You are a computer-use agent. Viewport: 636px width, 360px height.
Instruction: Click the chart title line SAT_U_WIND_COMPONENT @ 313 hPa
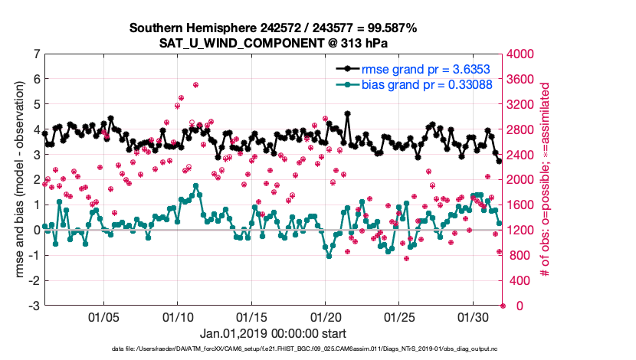[274, 42]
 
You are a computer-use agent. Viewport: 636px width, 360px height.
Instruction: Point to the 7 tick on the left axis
[35, 54]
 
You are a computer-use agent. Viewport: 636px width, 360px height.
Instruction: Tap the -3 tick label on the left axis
[33, 306]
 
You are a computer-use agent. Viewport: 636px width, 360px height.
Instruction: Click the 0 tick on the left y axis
[35, 230]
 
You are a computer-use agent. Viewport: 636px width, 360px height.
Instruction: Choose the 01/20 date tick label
[325, 316]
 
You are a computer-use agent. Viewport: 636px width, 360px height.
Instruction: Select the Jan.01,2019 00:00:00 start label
[273, 333]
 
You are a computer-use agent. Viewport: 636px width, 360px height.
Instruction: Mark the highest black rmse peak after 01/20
[348, 113]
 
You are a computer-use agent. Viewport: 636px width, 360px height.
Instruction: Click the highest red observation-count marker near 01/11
[196, 85]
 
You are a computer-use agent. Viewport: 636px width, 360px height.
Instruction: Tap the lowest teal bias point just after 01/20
[329, 256]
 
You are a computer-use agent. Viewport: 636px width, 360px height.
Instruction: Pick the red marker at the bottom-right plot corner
[503, 306]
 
